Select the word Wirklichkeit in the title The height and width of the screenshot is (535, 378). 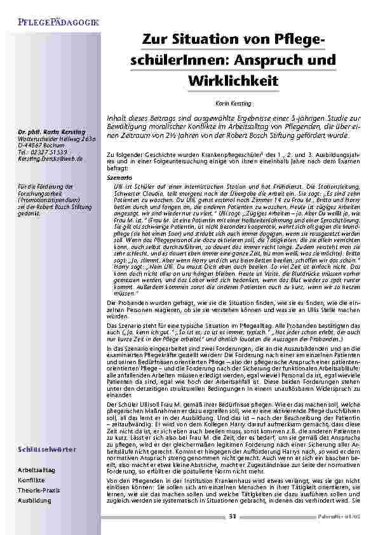(233, 81)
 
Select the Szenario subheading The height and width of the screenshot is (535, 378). (116, 179)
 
